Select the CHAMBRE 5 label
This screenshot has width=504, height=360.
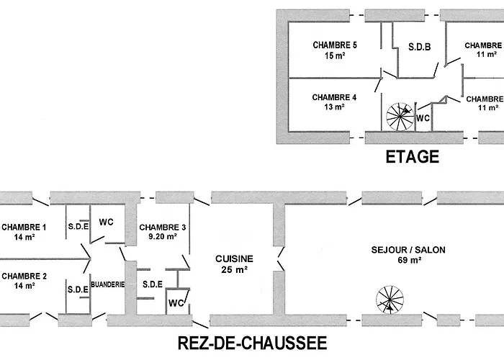click(335, 45)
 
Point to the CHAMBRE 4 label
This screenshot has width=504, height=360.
click(335, 96)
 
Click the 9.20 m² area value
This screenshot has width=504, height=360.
click(163, 237)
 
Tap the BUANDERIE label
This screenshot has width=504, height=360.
click(108, 284)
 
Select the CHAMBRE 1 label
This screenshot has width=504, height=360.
click(24, 228)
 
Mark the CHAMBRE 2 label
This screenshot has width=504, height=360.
click(24, 275)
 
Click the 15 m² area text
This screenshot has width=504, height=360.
click(335, 55)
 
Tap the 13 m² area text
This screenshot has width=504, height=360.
click(335, 107)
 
